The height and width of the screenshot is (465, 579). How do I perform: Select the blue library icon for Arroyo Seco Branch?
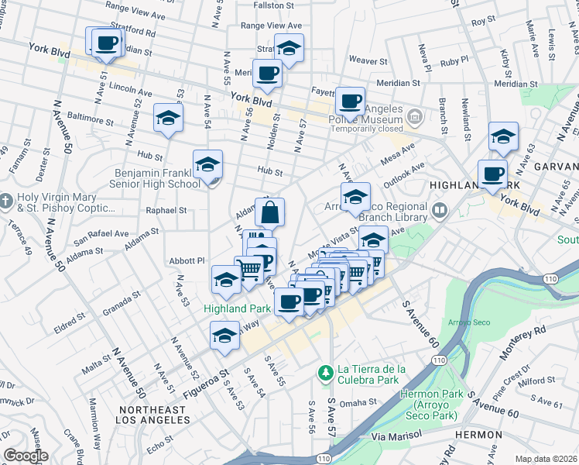(x=440, y=209)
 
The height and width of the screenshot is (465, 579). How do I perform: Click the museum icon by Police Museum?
(x=416, y=117)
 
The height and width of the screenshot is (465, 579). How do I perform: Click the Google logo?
(x=26, y=456)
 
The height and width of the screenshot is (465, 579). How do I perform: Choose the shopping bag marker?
(x=270, y=212)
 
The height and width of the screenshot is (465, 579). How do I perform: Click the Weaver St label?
(x=368, y=60)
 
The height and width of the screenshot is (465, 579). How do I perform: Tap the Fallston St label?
(x=275, y=5)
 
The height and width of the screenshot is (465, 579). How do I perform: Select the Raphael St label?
(x=166, y=210)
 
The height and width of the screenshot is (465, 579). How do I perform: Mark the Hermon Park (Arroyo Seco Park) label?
(x=430, y=400)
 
